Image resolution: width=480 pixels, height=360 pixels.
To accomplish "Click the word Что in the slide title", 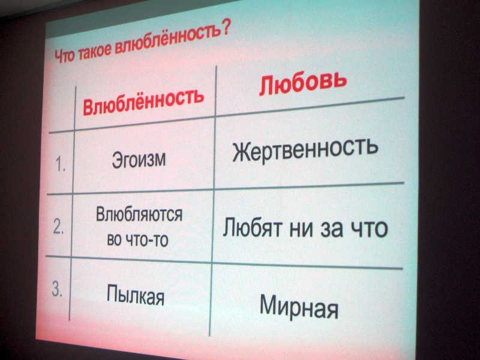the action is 64,56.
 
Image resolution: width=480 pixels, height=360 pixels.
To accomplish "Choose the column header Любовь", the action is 302,82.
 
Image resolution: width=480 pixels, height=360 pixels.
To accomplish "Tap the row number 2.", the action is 58,227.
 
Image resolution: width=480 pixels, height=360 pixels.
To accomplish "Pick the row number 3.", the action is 57,290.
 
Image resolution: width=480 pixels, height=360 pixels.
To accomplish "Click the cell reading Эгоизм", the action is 139,160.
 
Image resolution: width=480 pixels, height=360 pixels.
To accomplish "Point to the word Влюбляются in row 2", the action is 139,214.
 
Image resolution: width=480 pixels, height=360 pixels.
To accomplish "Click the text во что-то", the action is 138,239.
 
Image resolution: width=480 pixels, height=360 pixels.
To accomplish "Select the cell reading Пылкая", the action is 136,295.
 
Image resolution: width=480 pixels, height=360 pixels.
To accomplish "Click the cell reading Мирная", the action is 299,307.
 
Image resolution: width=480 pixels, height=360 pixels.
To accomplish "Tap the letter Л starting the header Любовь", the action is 266,86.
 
